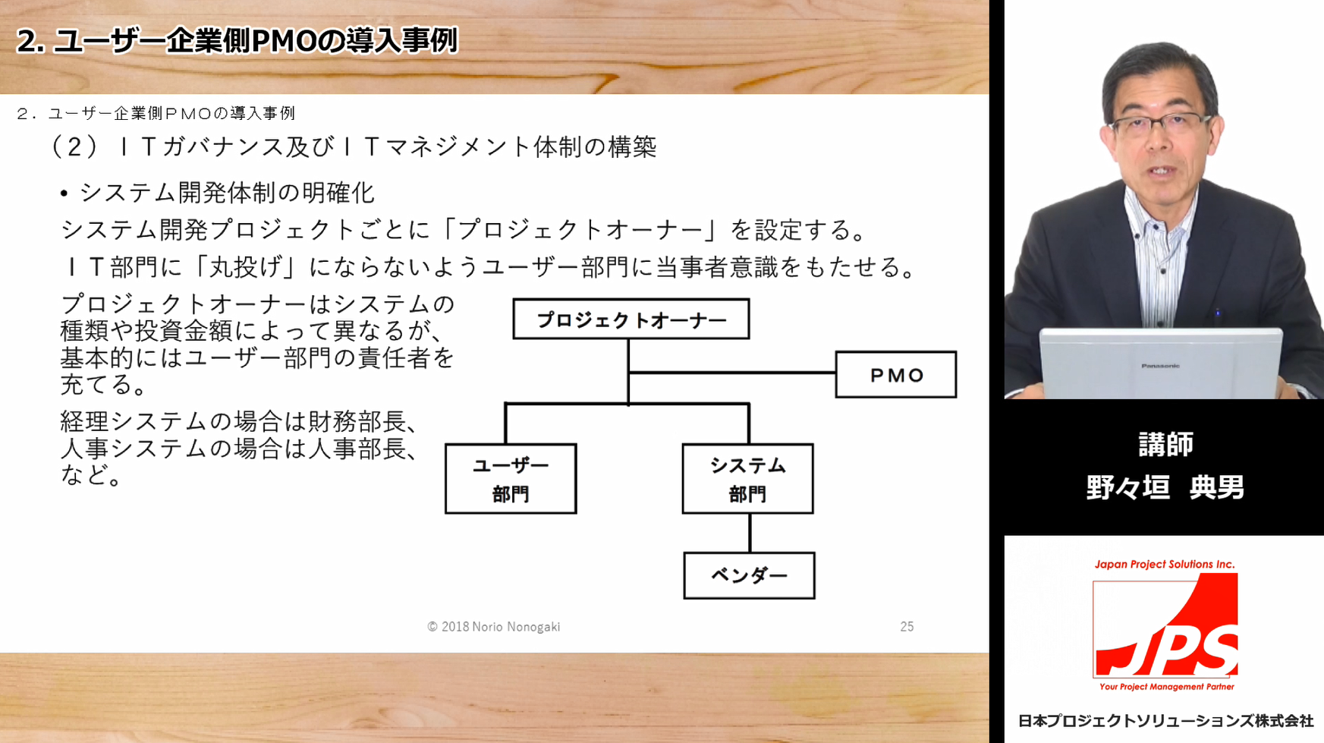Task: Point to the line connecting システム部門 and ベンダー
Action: (x=750, y=533)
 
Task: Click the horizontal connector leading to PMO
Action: (x=732, y=373)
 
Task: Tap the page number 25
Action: (x=907, y=627)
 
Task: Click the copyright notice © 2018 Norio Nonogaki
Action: (x=494, y=627)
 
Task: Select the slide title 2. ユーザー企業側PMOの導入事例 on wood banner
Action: (x=237, y=40)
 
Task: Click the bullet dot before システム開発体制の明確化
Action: (x=64, y=194)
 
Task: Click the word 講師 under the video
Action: (x=1166, y=444)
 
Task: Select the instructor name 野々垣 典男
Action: (x=1165, y=487)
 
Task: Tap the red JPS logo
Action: (x=1165, y=625)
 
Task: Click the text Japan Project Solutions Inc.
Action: (x=1165, y=564)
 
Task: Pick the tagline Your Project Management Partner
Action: (x=1167, y=687)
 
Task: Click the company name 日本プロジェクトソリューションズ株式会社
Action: (x=1165, y=721)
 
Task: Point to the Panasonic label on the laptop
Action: (x=1160, y=366)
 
